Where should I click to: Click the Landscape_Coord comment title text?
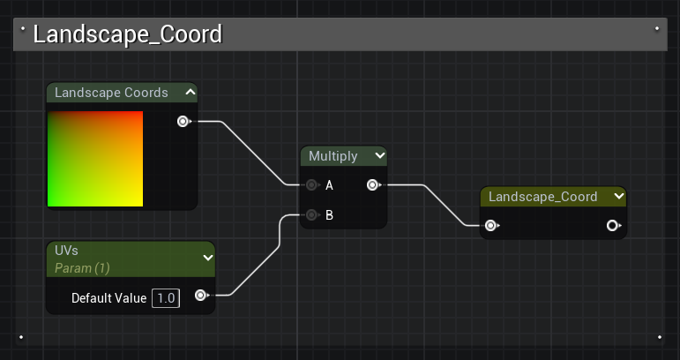(x=127, y=34)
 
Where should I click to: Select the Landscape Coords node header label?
(x=111, y=93)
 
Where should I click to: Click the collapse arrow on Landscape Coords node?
(x=190, y=92)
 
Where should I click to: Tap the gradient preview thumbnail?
(x=95, y=159)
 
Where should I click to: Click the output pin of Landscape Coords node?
(x=183, y=121)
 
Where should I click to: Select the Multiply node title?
(x=333, y=156)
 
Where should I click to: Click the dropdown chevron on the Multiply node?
(x=379, y=156)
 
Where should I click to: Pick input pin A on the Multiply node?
(x=311, y=185)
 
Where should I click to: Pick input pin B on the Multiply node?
(x=311, y=214)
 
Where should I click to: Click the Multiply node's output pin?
(x=372, y=185)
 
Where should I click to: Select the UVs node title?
(x=67, y=251)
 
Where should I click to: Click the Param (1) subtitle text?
(x=82, y=266)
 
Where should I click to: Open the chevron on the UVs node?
(x=208, y=258)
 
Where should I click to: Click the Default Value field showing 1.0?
(x=166, y=298)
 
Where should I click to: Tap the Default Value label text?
(x=108, y=298)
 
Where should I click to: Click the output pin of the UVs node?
(x=200, y=296)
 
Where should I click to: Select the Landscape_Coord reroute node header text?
(x=542, y=197)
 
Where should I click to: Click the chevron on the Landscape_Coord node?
(x=618, y=197)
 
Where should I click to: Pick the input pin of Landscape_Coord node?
(x=490, y=226)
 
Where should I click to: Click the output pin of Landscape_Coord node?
(x=612, y=226)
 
